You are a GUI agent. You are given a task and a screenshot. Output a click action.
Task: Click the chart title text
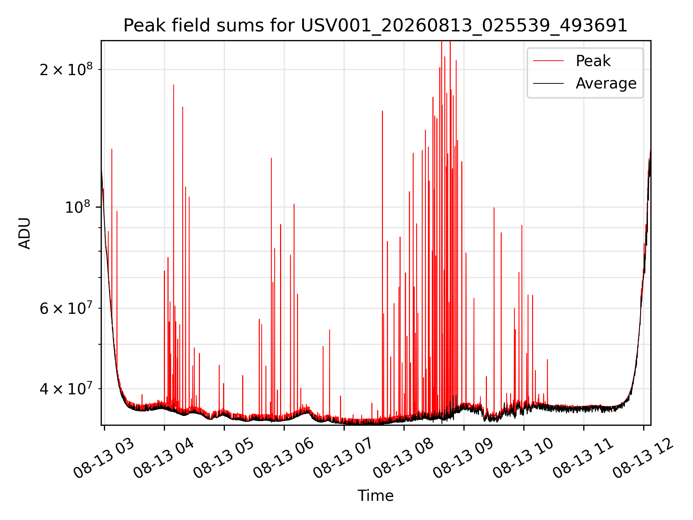pyautogui.click(x=375, y=26)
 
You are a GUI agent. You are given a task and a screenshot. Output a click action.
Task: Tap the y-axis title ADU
pyautogui.click(x=25, y=233)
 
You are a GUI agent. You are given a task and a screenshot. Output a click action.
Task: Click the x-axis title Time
pyautogui.click(x=375, y=495)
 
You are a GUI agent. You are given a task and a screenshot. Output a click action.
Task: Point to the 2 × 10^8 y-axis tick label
pyautogui.click(x=66, y=69)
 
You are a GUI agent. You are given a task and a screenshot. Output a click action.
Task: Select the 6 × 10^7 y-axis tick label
pyautogui.click(x=66, y=308)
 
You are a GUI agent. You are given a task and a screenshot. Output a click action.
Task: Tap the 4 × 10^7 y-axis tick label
pyautogui.click(x=66, y=389)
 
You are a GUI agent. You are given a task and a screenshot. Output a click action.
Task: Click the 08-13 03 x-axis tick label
pyautogui.click(x=104, y=458)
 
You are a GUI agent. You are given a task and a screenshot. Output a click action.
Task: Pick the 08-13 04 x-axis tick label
pyautogui.click(x=164, y=458)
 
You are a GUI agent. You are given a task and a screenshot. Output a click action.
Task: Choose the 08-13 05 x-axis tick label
pyautogui.click(x=224, y=458)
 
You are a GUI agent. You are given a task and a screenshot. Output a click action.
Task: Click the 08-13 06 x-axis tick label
pyautogui.click(x=284, y=458)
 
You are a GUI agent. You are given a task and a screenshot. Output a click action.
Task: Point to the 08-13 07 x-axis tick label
pyautogui.click(x=344, y=458)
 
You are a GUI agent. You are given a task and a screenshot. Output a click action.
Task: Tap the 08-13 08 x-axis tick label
pyautogui.click(x=404, y=458)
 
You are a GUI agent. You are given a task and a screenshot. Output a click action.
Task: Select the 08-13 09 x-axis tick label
pyautogui.click(x=463, y=458)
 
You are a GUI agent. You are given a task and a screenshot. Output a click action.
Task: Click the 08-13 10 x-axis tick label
pyautogui.click(x=523, y=458)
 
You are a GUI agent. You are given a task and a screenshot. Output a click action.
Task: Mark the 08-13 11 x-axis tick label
pyautogui.click(x=583, y=458)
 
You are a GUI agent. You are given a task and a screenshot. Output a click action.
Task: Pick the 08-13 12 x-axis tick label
pyautogui.click(x=643, y=458)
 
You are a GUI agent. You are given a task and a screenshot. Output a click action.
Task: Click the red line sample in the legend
pyautogui.click(x=548, y=61)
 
